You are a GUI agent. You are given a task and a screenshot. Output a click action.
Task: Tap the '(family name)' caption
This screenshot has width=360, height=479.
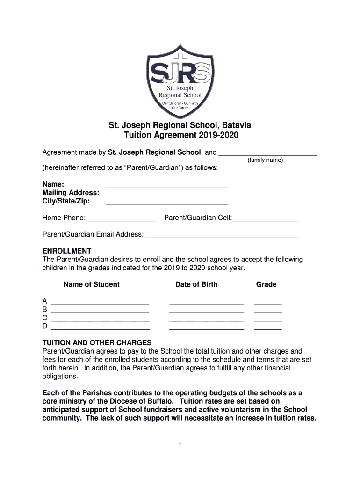pyautogui.click(x=265, y=160)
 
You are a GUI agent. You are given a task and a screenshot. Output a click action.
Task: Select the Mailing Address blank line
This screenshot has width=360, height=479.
pyautogui.click(x=166, y=195)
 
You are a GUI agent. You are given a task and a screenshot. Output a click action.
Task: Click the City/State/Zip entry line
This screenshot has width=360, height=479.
pyautogui.click(x=166, y=203)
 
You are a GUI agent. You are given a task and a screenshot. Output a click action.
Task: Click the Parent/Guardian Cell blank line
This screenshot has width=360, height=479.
pyautogui.click(x=265, y=219)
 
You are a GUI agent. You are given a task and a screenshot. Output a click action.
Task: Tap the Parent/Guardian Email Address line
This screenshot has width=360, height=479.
pyautogui.click(x=222, y=237)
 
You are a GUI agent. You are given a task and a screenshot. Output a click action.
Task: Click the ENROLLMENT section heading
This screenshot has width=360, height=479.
pyautogui.click(x=67, y=251)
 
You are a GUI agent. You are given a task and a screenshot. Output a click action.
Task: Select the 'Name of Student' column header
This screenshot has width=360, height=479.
pyautogui.click(x=92, y=284)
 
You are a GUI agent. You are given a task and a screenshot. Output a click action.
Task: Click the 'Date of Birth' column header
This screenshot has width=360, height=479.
pyautogui.click(x=196, y=284)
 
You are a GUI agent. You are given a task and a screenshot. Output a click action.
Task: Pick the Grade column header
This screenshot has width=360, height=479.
pyautogui.click(x=266, y=284)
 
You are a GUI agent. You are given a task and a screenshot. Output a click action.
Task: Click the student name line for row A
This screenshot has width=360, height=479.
pyautogui.click(x=100, y=303)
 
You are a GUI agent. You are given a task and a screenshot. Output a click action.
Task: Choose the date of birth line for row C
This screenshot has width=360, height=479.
pyautogui.click(x=206, y=321)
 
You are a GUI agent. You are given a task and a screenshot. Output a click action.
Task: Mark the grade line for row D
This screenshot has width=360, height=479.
pyautogui.click(x=267, y=329)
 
